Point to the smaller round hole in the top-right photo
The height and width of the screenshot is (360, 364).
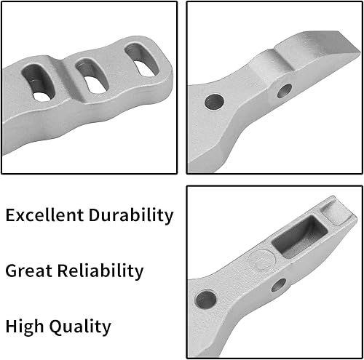point(283,91)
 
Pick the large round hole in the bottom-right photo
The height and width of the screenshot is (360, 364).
point(206,298)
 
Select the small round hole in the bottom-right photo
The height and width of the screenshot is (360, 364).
point(278,285)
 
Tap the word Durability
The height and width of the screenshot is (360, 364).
point(129,215)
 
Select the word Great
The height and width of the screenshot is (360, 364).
point(28,271)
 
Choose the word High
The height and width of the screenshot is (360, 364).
point(25,327)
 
